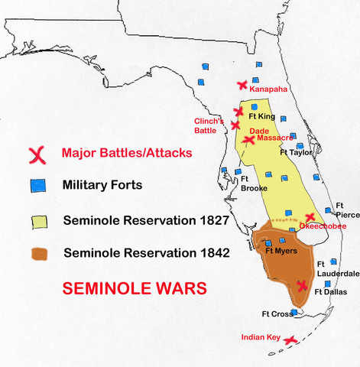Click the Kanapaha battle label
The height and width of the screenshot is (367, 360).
[x=267, y=89]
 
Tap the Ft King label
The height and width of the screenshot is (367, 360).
[x=262, y=117]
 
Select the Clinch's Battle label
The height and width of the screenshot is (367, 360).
[x=209, y=125]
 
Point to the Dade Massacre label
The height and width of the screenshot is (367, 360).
[x=271, y=135]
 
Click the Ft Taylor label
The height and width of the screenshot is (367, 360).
[x=297, y=152]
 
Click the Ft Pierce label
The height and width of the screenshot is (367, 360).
[x=347, y=209]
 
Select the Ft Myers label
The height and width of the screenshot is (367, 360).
[x=280, y=250]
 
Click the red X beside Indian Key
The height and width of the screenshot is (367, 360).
[x=290, y=339]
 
